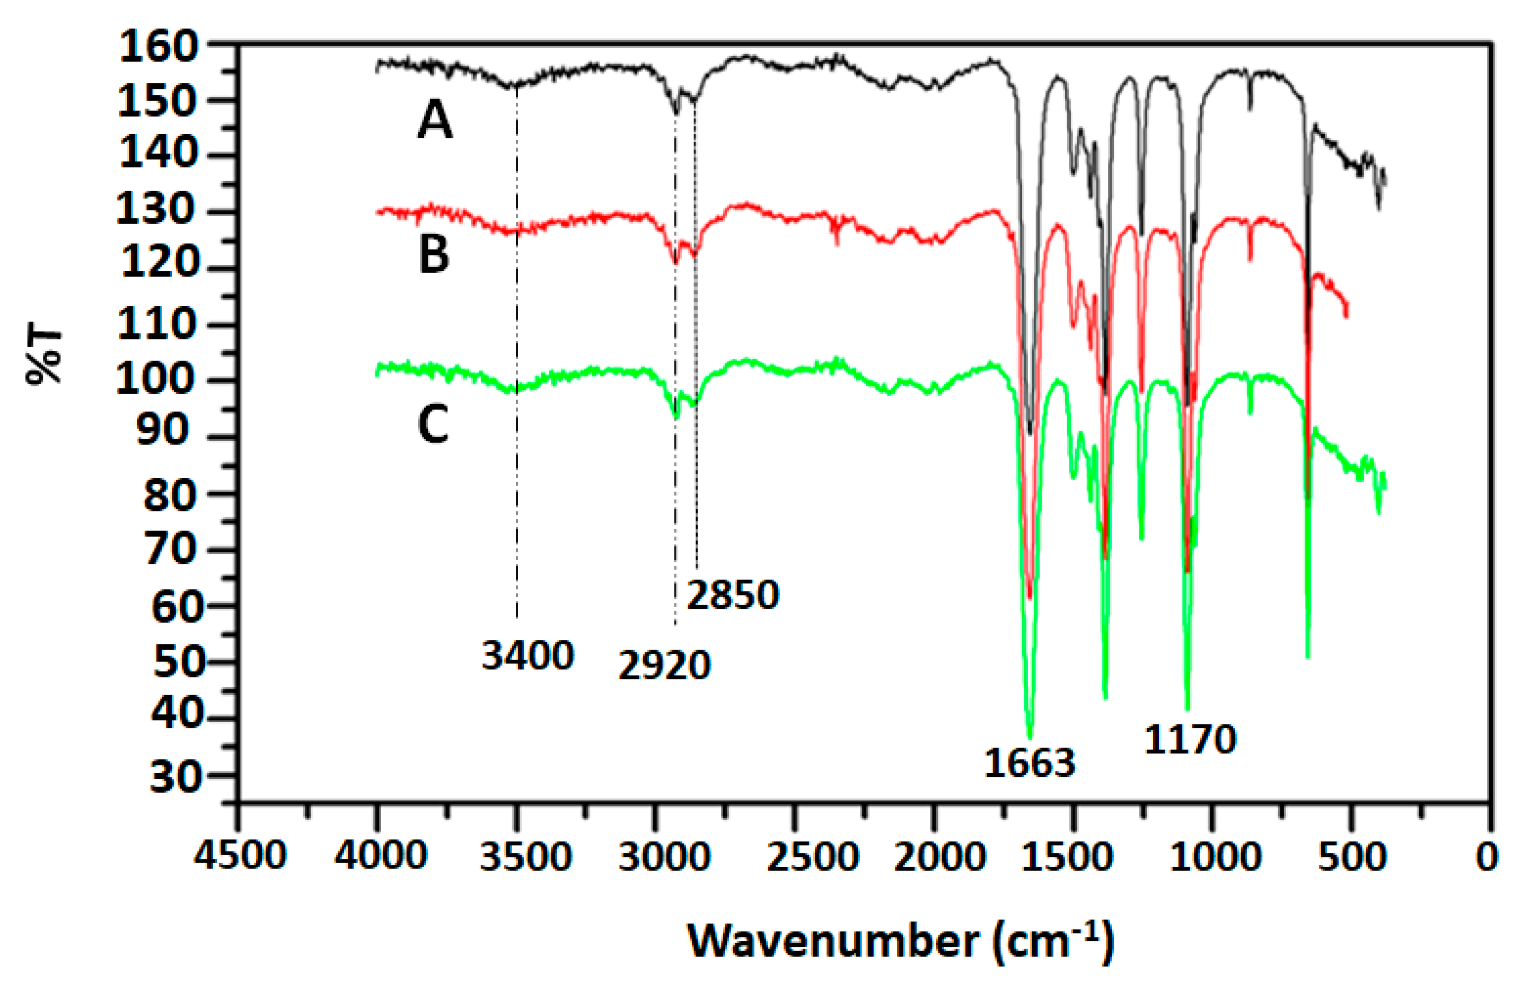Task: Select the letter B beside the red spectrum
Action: point(434,254)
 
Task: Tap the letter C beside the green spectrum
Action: point(433,425)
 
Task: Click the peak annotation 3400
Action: point(528,656)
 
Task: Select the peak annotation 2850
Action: point(733,595)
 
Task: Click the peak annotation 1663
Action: point(1030,764)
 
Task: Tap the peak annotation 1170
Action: point(1190,740)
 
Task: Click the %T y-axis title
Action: point(45,356)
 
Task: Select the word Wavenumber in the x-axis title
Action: point(833,941)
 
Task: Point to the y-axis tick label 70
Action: point(169,549)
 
